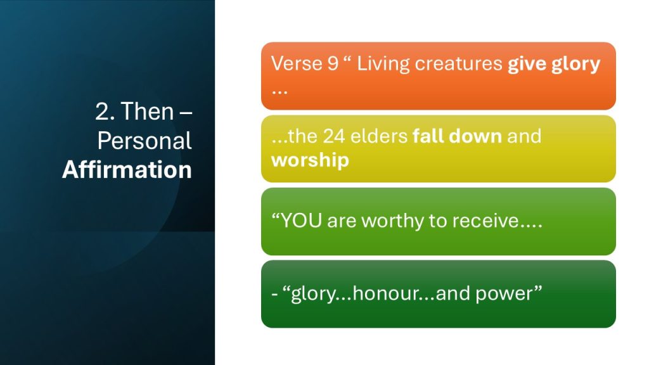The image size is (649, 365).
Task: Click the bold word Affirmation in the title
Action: pyautogui.click(x=127, y=170)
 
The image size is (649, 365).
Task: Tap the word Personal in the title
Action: pyautogui.click(x=145, y=141)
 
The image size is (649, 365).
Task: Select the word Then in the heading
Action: pyautogui.click(x=147, y=112)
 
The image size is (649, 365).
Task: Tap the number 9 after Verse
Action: pyautogui.click(x=333, y=64)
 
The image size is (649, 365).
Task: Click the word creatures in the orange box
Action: pyautogui.click(x=459, y=64)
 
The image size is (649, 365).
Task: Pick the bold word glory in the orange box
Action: pyautogui.click(x=575, y=65)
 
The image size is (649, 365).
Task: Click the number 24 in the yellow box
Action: pyautogui.click(x=333, y=136)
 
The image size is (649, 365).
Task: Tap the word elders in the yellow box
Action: pyautogui.click(x=379, y=136)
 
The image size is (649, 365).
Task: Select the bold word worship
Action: pyautogui.click(x=310, y=160)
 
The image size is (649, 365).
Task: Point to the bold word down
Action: pyautogui.click(x=475, y=136)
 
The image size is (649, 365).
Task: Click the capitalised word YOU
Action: pyautogui.click(x=301, y=221)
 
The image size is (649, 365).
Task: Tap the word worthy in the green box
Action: pyautogui.click(x=393, y=221)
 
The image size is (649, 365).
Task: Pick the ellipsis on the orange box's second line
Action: pyautogui.click(x=280, y=91)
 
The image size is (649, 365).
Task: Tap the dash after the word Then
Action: pyautogui.click(x=186, y=113)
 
